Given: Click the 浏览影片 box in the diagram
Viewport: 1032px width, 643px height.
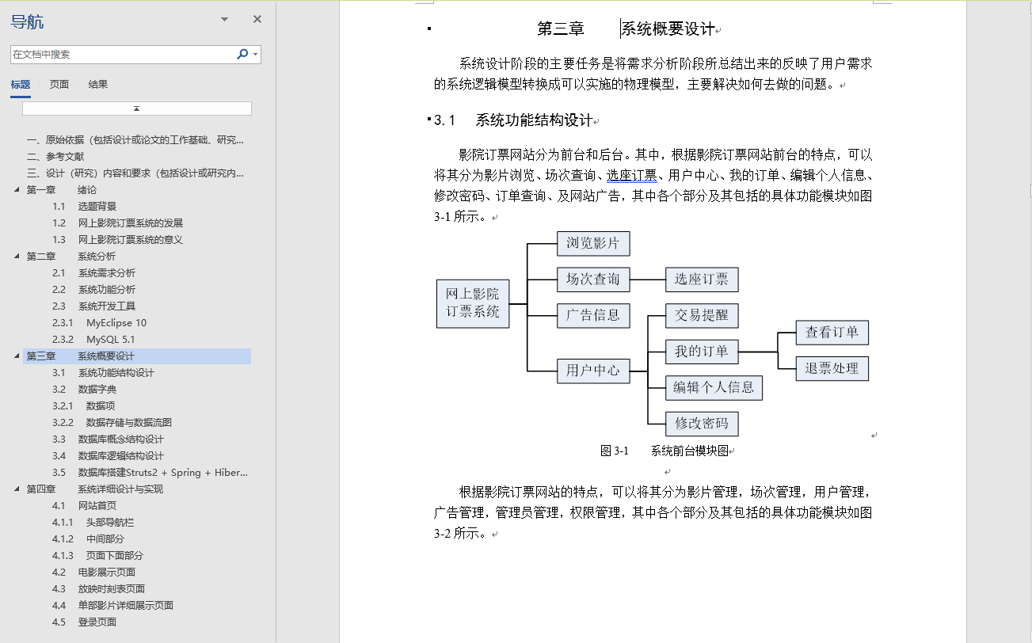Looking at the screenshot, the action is tap(593, 243).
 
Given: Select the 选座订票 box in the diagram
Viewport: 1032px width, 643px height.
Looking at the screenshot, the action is tap(701, 280).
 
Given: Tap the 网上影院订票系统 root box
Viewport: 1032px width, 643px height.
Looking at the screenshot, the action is tap(473, 303).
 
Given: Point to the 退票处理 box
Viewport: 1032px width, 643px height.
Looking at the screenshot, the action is tap(832, 368).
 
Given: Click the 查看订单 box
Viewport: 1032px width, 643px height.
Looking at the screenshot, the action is tap(832, 333).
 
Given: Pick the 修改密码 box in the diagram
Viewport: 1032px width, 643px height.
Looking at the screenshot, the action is tap(701, 424).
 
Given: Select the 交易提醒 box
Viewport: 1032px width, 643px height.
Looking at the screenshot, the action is tap(701, 315).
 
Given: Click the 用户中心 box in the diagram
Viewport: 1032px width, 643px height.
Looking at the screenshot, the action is tap(593, 371).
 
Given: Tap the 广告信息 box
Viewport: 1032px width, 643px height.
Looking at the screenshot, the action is tap(593, 315).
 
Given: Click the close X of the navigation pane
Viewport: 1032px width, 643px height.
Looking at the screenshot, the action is tap(257, 20).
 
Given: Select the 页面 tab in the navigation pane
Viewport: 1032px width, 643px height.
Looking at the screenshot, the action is tap(59, 85).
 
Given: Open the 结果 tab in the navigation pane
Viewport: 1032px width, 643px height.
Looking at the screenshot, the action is tap(98, 85).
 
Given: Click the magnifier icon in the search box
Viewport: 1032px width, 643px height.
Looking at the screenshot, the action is tap(242, 54).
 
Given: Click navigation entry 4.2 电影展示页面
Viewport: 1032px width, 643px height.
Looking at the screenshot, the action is tap(106, 573).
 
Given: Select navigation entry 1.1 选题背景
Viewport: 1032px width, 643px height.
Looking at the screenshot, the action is tap(97, 207).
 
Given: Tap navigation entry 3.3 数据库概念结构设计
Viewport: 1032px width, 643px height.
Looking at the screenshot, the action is tap(120, 439).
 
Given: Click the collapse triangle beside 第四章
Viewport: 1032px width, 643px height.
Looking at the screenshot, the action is tap(17, 489).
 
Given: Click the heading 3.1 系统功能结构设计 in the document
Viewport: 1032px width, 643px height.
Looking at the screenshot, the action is tap(534, 120).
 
